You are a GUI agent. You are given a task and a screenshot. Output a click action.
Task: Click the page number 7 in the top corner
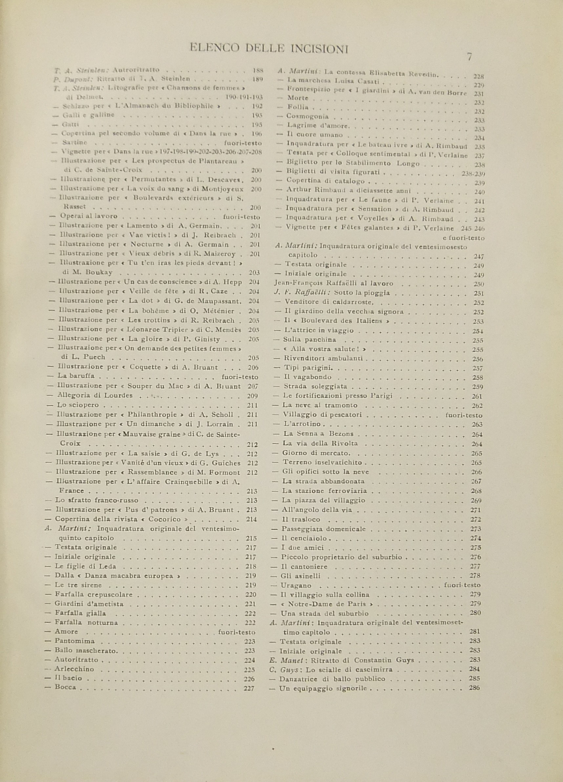[469, 57]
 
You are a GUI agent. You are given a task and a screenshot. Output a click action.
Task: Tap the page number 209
[252, 396]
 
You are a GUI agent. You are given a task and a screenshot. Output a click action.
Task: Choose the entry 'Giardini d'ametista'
[89, 604]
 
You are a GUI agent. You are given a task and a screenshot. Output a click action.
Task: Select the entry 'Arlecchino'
[74, 659]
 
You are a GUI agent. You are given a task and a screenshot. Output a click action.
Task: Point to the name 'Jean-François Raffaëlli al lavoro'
[333, 284]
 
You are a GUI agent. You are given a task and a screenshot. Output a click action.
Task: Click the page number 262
[477, 406]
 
